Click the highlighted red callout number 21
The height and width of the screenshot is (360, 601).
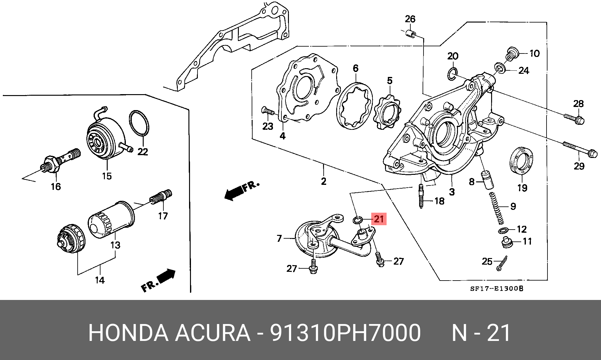tap(379, 219)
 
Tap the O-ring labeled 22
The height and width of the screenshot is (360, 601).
tap(139, 124)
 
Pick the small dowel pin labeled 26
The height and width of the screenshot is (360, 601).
tap(411, 33)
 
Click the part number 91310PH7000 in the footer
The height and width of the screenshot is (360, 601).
tap(345, 333)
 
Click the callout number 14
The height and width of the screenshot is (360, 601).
tap(100, 280)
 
